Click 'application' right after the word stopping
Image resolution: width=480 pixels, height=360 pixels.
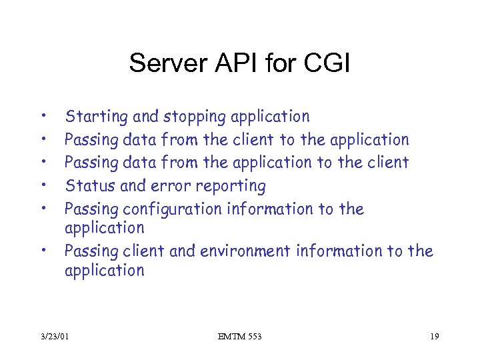pyautogui.click(x=270, y=117)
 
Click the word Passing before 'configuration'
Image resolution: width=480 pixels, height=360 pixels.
pyautogui.click(x=91, y=209)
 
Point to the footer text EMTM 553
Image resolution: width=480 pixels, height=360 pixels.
pyautogui.click(x=240, y=337)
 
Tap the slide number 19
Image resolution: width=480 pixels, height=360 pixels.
pyautogui.click(x=434, y=337)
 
